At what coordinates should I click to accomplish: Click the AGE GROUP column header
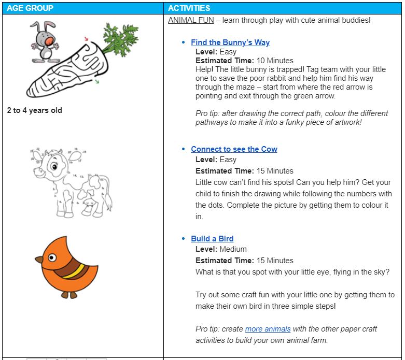point(30,8)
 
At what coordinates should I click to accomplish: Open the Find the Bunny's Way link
point(230,42)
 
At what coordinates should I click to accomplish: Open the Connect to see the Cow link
point(234,149)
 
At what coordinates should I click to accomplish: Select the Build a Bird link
point(212,239)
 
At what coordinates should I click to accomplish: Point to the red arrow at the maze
point(86,39)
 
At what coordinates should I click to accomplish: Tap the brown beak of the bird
point(39,259)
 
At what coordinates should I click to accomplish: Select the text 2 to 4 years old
point(35,110)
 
